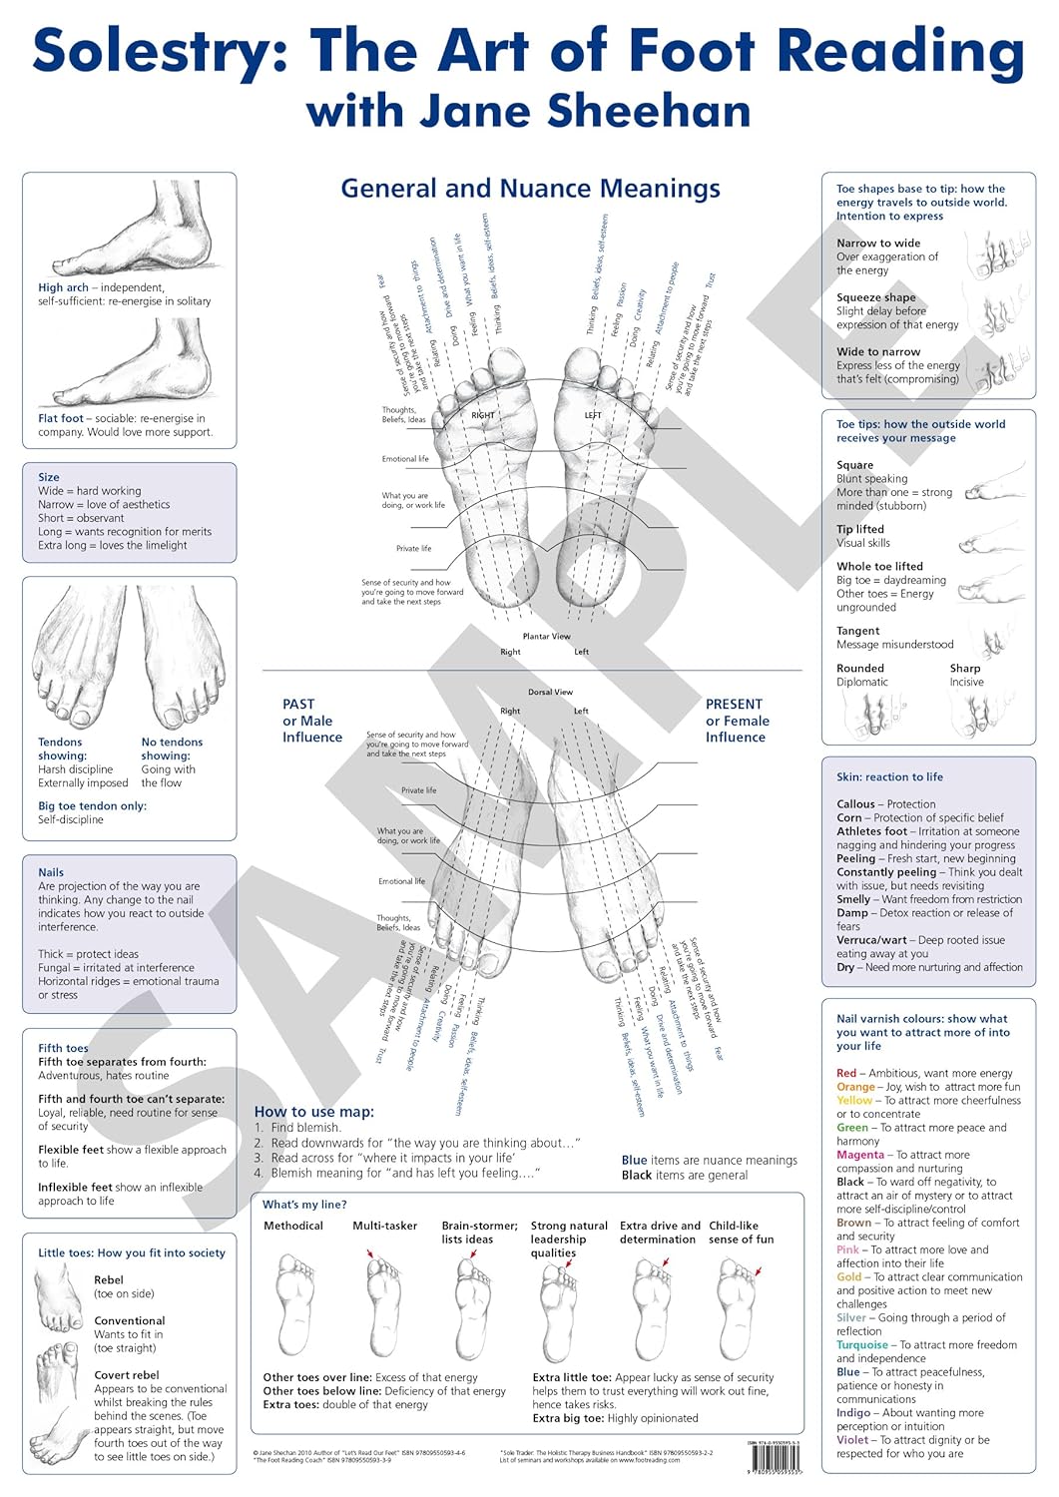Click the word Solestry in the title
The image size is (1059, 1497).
click(162, 52)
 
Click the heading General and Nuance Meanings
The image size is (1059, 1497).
click(530, 189)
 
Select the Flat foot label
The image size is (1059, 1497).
click(61, 419)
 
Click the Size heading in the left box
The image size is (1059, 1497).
click(49, 477)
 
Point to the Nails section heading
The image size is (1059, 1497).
click(51, 872)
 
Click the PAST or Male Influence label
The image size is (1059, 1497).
click(311, 721)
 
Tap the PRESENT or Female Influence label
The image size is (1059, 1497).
click(737, 721)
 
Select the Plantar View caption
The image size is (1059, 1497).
click(546, 637)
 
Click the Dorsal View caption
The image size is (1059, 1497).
click(550, 692)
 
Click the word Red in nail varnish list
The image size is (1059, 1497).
click(846, 1073)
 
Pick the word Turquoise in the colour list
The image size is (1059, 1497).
click(861, 1345)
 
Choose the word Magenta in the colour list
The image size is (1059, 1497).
click(860, 1155)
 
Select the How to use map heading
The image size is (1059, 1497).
click(314, 1112)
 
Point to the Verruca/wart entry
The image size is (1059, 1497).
click(872, 940)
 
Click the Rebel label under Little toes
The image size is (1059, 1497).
click(109, 1279)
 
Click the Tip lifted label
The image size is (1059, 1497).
click(860, 529)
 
